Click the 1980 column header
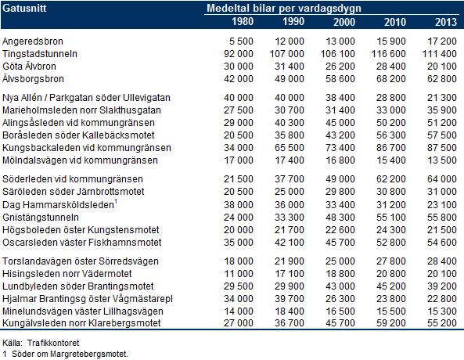tap(243, 22)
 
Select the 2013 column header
tap(446, 22)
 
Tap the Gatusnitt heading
tap(24, 8)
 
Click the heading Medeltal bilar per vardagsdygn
tap(284, 9)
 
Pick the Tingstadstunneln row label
tap(40, 54)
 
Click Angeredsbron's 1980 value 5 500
tap(241, 41)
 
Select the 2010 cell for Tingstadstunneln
tap(389, 54)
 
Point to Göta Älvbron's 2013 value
tap(442, 67)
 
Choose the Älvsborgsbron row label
tap(33, 79)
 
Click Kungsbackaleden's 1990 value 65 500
tap(289, 148)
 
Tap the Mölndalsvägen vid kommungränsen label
tap(80, 160)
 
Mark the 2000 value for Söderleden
tap(340, 179)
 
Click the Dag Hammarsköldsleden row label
tap(58, 205)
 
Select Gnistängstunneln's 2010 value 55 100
tap(391, 218)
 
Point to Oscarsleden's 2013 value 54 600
tap(442, 243)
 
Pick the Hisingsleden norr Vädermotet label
tap(67, 274)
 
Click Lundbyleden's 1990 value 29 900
tap(289, 286)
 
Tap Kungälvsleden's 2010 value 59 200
tap(391, 322)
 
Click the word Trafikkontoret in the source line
tap(53, 343)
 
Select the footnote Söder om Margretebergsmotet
tap(70, 354)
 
